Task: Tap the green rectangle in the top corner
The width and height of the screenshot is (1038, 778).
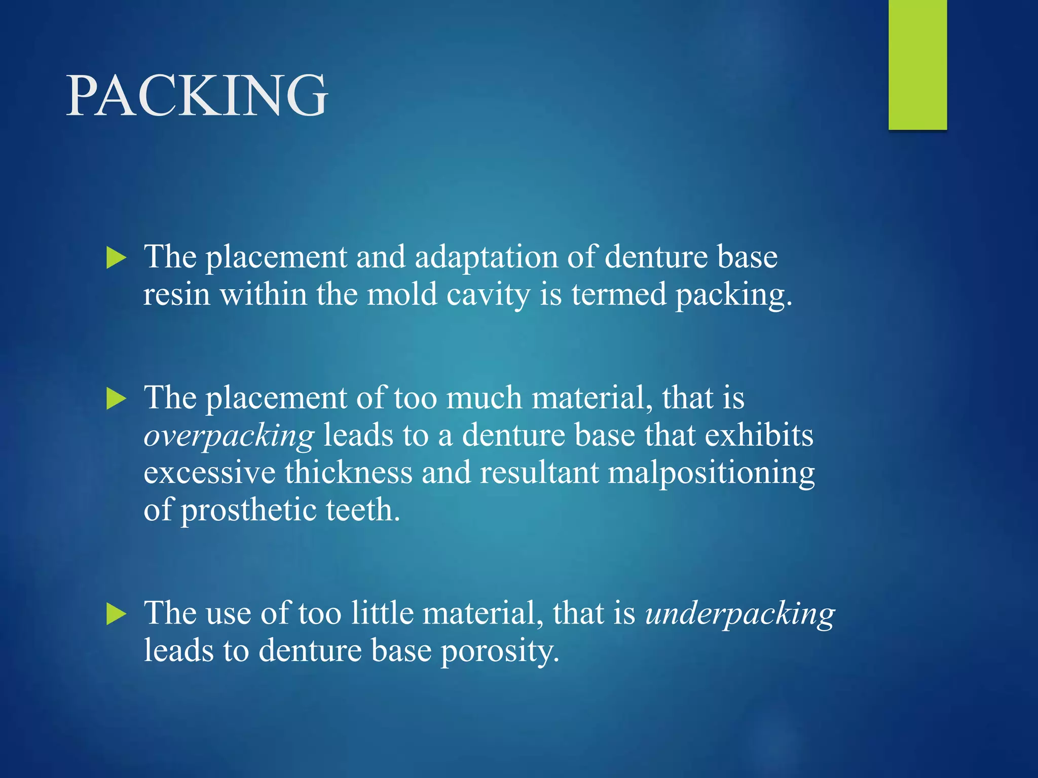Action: click(917, 64)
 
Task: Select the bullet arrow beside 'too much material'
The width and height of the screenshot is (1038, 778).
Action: click(117, 399)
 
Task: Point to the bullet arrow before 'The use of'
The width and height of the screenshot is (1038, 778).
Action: click(117, 614)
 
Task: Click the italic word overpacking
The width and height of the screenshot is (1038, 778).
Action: click(229, 436)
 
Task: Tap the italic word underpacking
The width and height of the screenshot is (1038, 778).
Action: click(740, 614)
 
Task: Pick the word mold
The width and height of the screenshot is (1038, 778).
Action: click(402, 294)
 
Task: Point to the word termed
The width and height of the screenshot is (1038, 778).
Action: click(618, 294)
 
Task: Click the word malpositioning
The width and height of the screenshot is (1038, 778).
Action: click(711, 473)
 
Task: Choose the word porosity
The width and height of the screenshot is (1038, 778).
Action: click(500, 651)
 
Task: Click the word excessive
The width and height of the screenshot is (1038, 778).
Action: click(209, 473)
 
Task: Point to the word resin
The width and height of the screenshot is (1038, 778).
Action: click(176, 294)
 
